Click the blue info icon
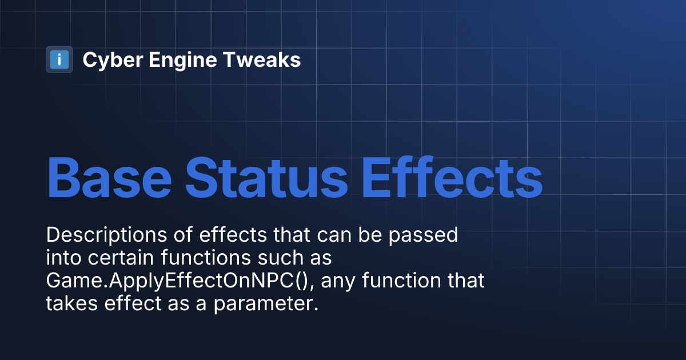[59, 59]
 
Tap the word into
[62, 258]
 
